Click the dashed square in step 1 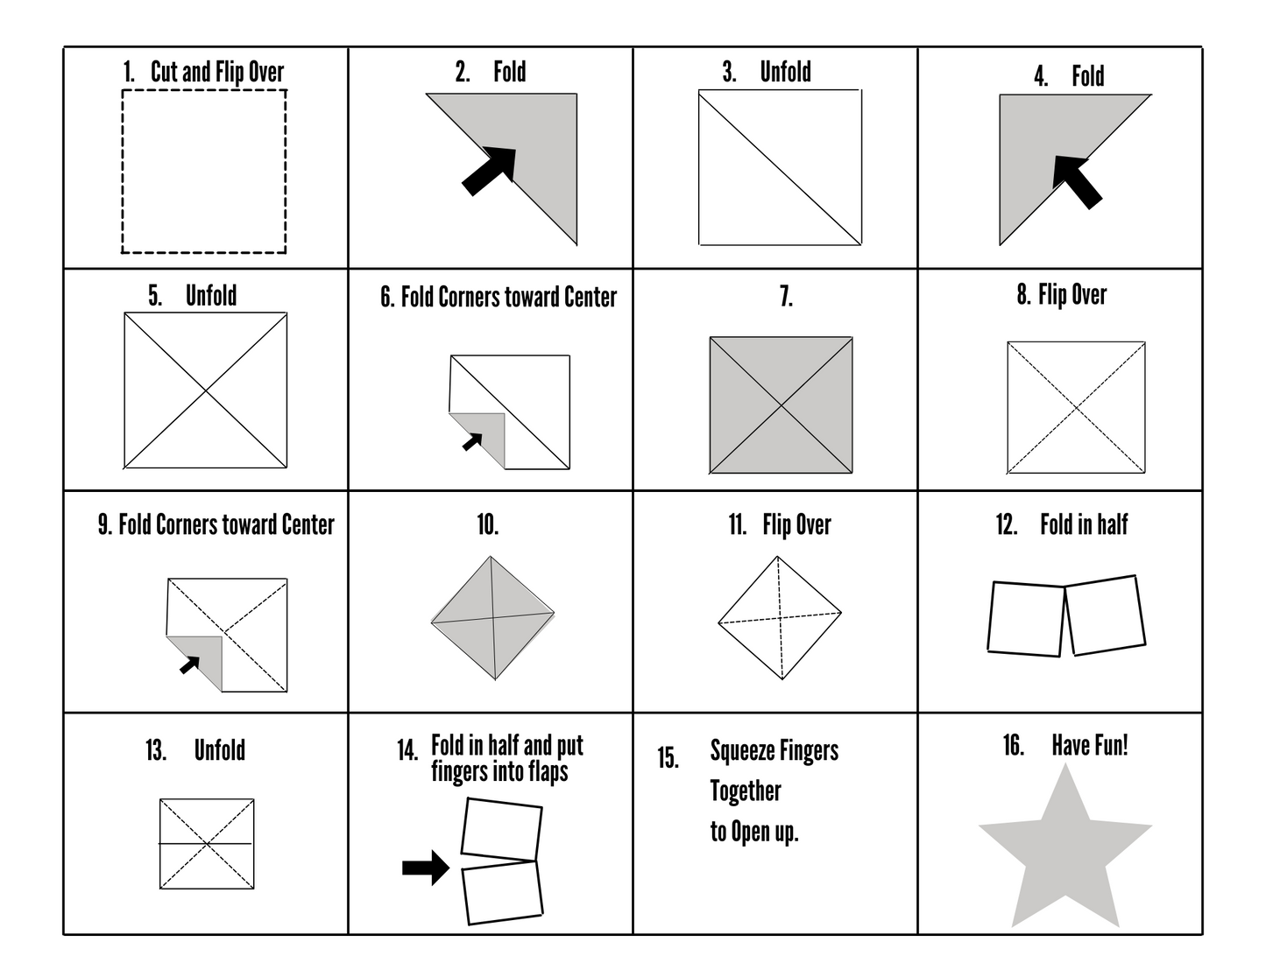(203, 172)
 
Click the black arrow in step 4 (1076, 180)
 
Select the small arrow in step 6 (473, 441)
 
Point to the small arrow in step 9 (190, 664)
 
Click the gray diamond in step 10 (492, 618)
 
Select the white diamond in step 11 (780, 618)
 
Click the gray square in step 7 (781, 405)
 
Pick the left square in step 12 (1026, 618)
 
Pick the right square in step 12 (1105, 615)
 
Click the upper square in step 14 (501, 828)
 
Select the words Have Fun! (1089, 746)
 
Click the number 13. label (156, 751)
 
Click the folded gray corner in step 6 (487, 438)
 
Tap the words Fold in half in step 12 (1084, 525)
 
